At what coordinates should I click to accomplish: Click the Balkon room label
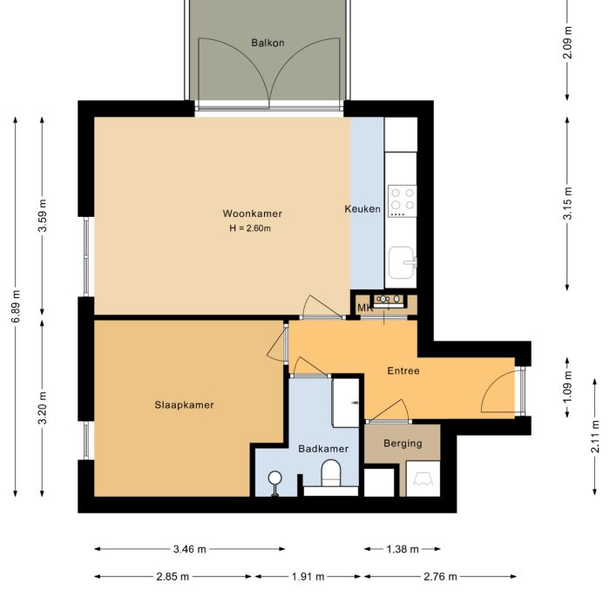pos(268,42)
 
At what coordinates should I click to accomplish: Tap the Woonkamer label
pos(252,213)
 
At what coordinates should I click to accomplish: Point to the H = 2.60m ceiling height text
pos(251,229)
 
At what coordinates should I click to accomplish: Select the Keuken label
pos(363,209)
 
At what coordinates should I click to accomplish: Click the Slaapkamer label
pos(184,404)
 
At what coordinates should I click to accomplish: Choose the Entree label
pos(403,370)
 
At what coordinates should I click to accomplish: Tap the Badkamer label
pos(322,449)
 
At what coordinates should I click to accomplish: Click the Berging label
pos(403,443)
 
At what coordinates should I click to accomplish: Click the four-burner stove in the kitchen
pos(402,200)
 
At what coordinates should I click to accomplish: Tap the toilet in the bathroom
pos(331,475)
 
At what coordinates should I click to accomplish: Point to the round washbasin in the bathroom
pos(275,478)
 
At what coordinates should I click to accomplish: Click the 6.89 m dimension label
pos(16,308)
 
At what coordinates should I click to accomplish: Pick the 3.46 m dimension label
pos(189,550)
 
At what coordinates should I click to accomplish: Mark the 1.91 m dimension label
pos(308,576)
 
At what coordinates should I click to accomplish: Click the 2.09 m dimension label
pos(567,44)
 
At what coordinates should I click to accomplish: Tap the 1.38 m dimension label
pos(402,550)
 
